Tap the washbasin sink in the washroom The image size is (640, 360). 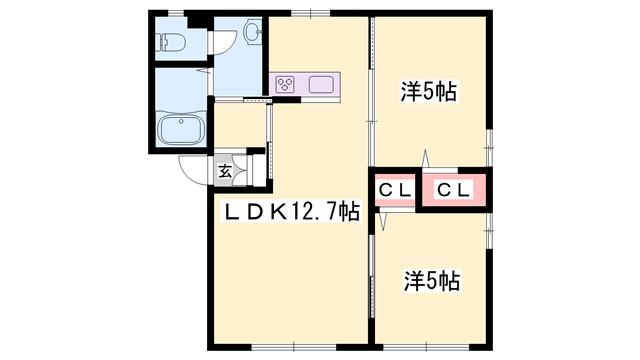pos(250,36)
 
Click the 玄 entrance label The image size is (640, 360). pos(225,171)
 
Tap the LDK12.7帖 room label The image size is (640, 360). pos(290,211)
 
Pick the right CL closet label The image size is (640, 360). pos(453,189)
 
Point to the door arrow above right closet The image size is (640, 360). pos(427,159)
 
